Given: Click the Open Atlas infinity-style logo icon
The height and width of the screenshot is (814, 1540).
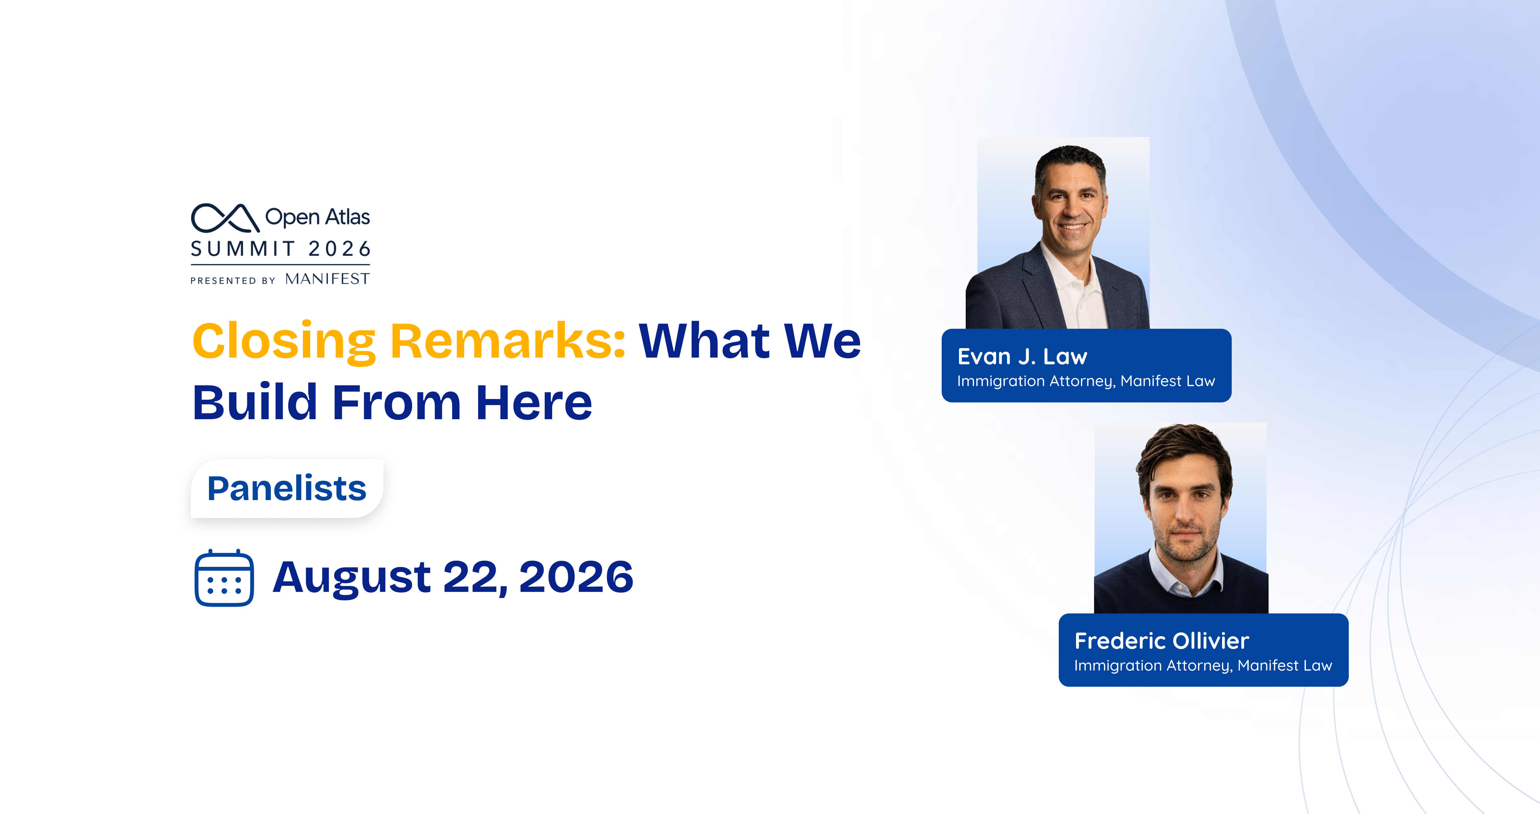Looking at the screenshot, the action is click(225, 218).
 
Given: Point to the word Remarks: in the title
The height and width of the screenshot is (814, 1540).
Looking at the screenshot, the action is click(508, 341).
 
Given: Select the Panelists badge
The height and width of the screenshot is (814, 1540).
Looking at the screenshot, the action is click(287, 488).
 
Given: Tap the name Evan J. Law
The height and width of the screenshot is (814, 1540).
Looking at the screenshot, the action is click(1022, 357).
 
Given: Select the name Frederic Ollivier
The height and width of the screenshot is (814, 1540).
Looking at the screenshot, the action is click(1161, 641).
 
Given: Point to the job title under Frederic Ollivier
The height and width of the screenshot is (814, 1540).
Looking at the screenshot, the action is click(1203, 666).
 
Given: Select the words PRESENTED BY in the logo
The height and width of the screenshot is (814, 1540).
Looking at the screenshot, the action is click(233, 281).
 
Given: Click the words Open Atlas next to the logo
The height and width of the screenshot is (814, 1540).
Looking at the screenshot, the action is click(317, 217).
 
